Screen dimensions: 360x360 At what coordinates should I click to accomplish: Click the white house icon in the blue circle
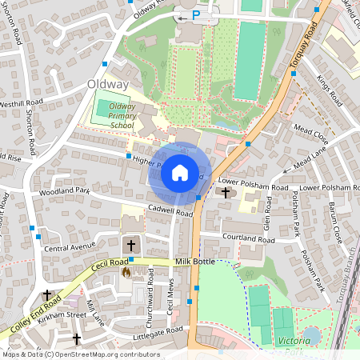pos(179,173)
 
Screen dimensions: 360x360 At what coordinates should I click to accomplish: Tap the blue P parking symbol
pos(195,14)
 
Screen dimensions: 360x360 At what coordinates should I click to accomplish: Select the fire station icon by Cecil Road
pos(126,273)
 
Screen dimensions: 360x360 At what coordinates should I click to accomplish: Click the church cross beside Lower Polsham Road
pos(226,193)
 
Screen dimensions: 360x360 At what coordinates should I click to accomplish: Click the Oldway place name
pos(108,84)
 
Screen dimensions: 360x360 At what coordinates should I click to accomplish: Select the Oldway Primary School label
pos(122,115)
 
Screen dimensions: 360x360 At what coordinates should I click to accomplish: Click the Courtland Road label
pos(249,239)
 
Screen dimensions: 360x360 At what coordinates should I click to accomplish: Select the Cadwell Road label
pos(170,213)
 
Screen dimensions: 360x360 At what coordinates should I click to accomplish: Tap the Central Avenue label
pos(70,249)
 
